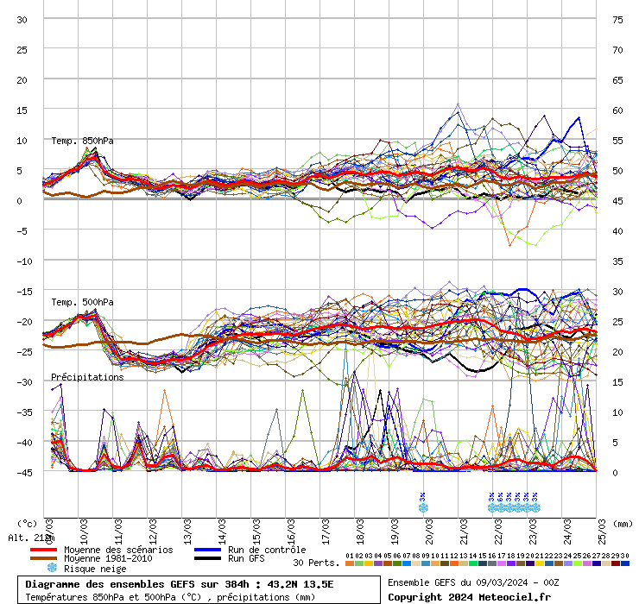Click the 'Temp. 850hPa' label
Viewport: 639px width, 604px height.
coord(82,141)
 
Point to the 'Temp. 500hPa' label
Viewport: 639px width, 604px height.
coord(82,302)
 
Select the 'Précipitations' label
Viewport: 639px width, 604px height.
coord(87,377)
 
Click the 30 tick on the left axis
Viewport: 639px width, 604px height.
coord(22,19)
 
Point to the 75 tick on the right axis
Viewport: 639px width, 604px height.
coord(617,19)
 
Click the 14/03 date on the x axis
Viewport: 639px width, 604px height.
coord(222,526)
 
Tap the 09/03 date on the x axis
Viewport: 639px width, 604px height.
coord(48,526)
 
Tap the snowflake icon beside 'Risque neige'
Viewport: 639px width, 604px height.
coord(51,569)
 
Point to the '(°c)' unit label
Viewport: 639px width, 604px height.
coord(28,523)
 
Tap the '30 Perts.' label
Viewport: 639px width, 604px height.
coord(315,563)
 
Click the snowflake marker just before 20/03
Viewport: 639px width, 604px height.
coord(423,507)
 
